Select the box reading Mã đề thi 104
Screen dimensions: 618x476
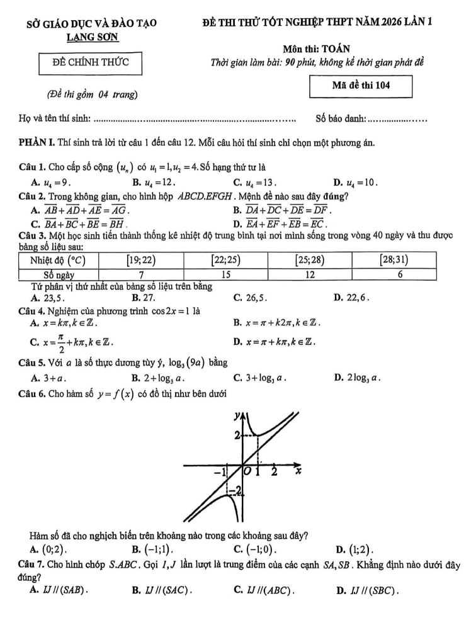(361, 86)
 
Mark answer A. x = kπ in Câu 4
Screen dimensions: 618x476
(63, 323)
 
